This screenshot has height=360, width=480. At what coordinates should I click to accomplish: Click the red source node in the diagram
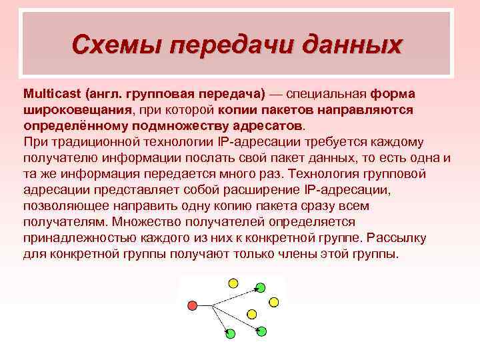(193, 306)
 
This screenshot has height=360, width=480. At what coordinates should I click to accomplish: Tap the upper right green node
(261, 287)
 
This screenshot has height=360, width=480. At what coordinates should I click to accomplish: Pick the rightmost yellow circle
(274, 302)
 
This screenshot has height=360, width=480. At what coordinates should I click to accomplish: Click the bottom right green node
(261, 331)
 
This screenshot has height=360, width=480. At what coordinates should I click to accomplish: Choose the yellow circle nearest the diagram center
(251, 313)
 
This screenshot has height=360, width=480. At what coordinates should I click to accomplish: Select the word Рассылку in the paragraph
(402, 238)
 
